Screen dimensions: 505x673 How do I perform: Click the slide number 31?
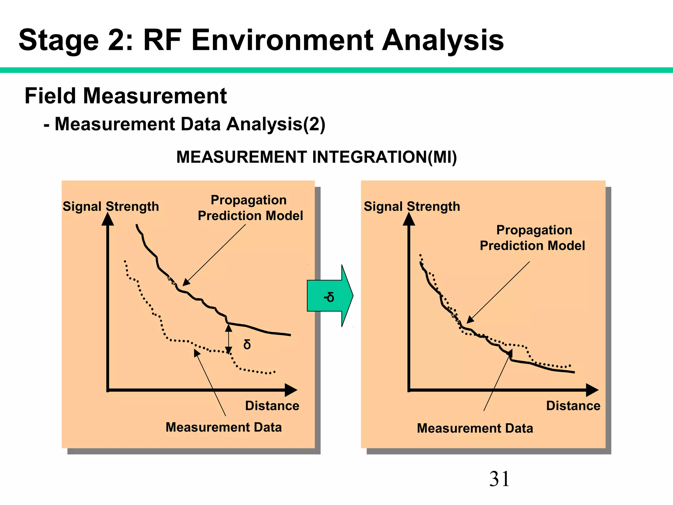pos(499,479)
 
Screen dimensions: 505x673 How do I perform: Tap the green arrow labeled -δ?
pos(330,296)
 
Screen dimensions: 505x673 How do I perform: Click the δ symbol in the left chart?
pos(247,345)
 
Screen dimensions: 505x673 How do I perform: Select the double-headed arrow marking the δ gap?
pos(229,339)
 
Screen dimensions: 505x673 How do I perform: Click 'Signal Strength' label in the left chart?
pos(111,206)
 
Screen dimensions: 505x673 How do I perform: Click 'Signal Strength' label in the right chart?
pos(412,206)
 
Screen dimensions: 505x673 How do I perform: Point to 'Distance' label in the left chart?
pos(272,406)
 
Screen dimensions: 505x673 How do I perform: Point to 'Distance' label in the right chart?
pos(573,406)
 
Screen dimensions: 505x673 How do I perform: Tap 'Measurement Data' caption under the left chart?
pos(223,427)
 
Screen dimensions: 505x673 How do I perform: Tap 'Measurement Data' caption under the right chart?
pos(475,428)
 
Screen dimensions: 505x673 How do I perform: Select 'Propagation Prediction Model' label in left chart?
pos(250,208)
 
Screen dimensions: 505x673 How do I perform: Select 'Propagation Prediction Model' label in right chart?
pos(533,238)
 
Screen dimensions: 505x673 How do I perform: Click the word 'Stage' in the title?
pos(59,40)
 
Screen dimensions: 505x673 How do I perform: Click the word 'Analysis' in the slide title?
pos(443,40)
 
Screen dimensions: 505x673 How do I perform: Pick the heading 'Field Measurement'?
pos(126,96)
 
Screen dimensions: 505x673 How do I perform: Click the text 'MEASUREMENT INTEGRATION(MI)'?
pos(316,157)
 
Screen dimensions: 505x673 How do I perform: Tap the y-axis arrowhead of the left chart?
pos(108,219)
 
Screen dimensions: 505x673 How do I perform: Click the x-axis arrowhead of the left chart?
pos(291,390)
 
